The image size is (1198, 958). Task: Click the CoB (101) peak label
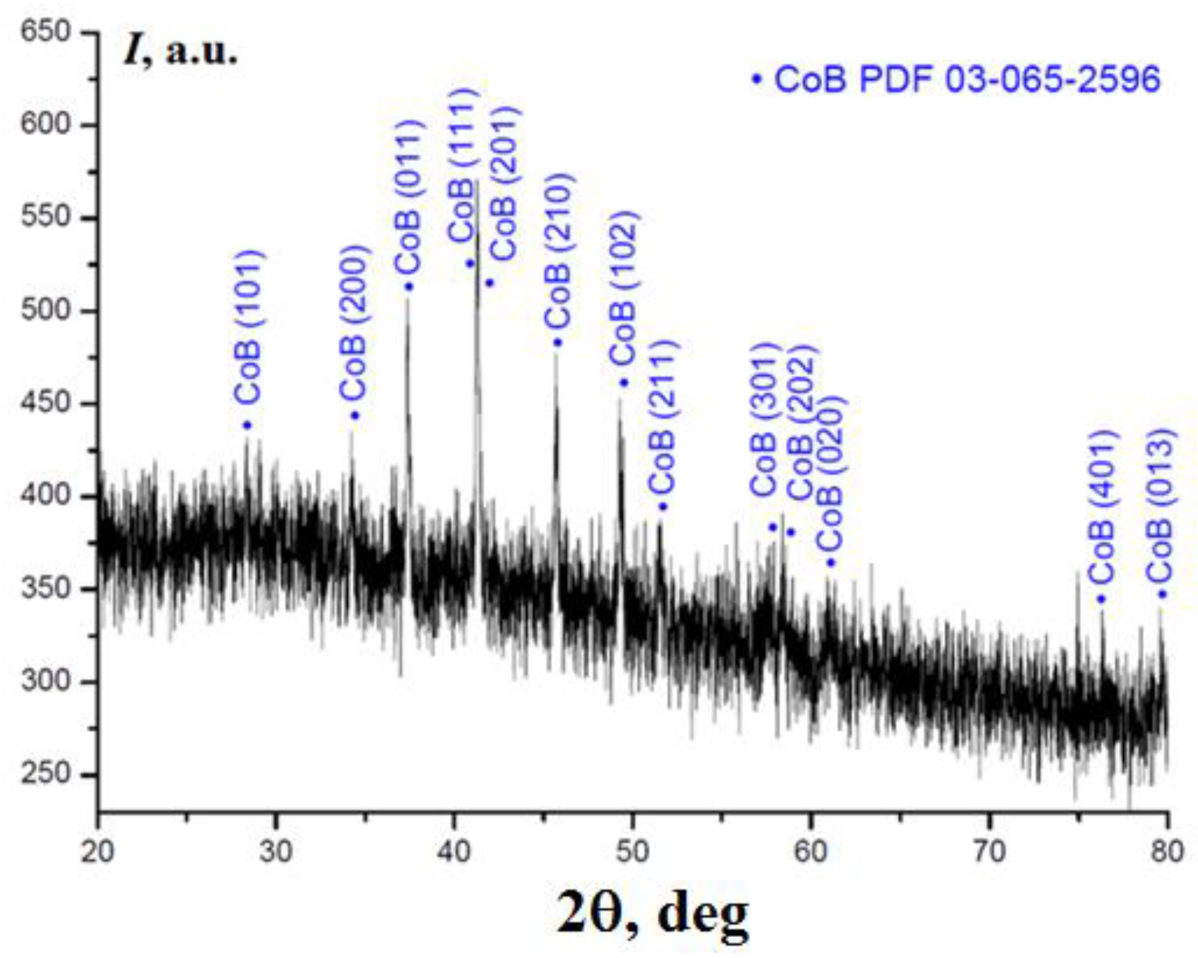coord(247,328)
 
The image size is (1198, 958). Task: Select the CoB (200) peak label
coord(353,324)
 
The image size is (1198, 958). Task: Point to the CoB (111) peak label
coord(463,166)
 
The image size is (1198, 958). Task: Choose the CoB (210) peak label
coord(558,251)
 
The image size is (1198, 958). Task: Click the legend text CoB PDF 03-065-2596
coord(967,80)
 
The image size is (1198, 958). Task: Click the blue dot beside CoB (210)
coord(558,342)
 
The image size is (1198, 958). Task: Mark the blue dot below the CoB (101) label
coord(247,426)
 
